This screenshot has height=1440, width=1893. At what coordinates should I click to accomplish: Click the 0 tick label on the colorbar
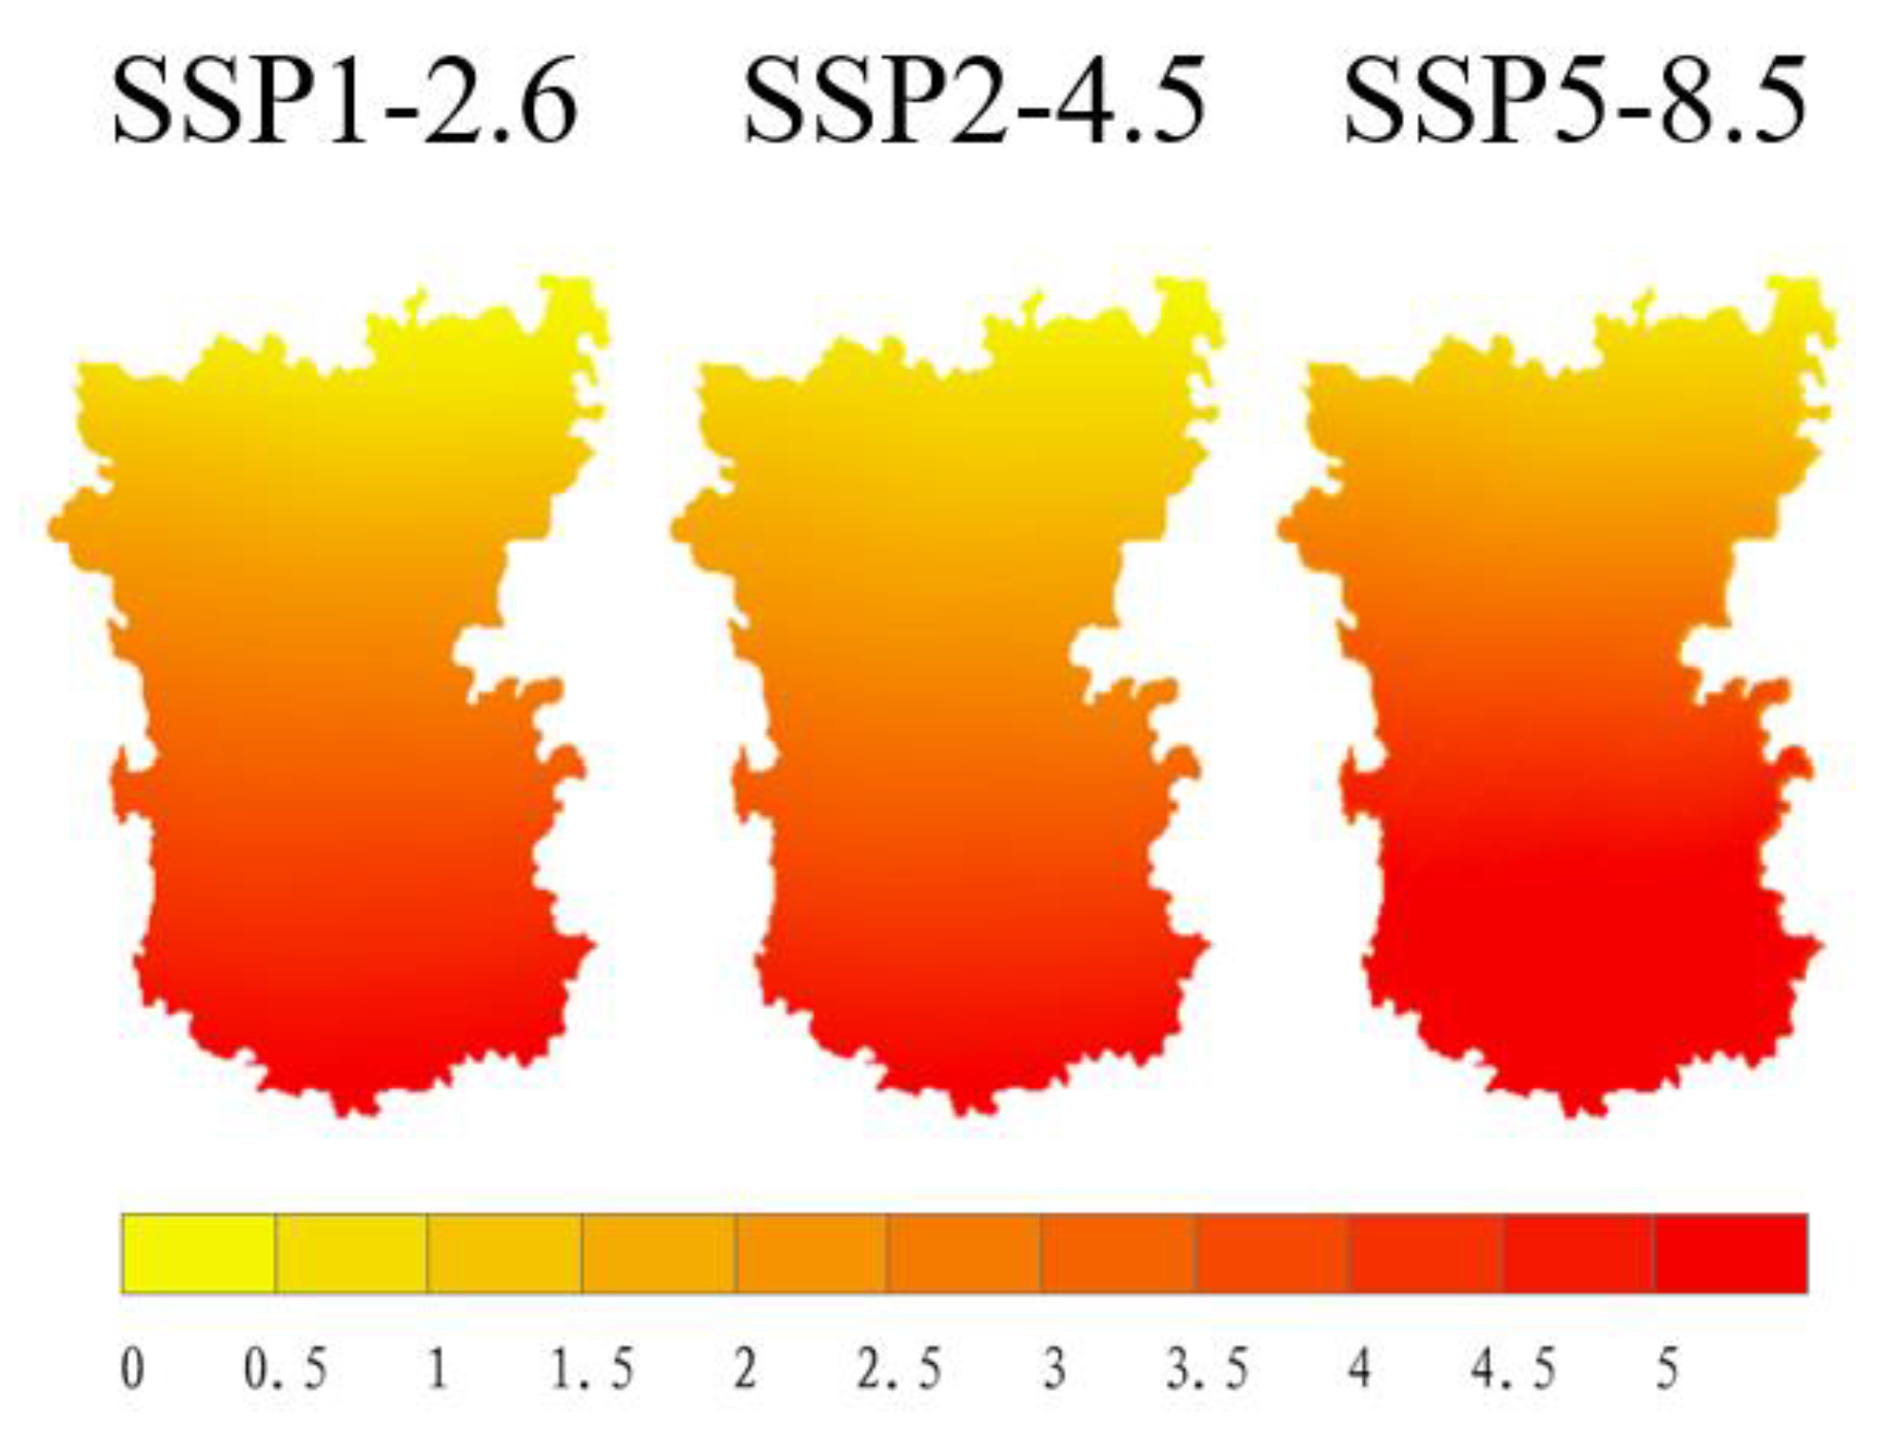[133, 1370]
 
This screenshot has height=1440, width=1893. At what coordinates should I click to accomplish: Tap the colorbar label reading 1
[438, 1370]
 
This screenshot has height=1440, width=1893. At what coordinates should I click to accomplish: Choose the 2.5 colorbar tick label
[898, 1370]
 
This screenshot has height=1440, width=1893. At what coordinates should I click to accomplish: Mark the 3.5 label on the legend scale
[1207, 1370]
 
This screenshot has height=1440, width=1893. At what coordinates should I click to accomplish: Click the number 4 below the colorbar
[1360, 1370]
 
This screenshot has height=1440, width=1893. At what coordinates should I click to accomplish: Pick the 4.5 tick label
[1513, 1370]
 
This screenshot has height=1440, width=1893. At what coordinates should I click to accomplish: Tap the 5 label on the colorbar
[1666, 1370]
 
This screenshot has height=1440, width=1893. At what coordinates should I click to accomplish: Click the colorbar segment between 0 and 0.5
[198, 1253]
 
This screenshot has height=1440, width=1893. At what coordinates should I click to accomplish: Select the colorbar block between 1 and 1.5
[504, 1253]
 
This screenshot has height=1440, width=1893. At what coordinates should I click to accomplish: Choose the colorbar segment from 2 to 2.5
[811, 1253]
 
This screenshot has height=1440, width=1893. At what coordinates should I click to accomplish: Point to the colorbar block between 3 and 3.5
[1118, 1253]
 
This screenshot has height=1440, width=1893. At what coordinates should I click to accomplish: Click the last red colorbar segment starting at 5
[1730, 1253]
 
